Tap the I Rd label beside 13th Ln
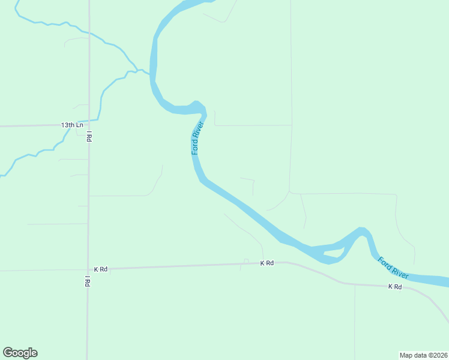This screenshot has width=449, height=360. tap(89, 136)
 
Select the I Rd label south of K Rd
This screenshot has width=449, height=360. tap(88, 281)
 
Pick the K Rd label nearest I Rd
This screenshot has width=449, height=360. tap(100, 269)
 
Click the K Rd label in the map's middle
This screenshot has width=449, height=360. tap(267, 263)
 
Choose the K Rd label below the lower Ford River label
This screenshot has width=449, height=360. tap(394, 287)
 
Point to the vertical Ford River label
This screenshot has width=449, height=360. tap(198, 138)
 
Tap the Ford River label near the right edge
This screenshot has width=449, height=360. tap(394, 268)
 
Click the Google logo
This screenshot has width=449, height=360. tap(20, 353)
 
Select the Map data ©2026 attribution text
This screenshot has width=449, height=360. tap(423, 355)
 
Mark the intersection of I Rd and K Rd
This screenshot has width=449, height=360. tap(88, 269)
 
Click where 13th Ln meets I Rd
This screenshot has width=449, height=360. tap(89, 125)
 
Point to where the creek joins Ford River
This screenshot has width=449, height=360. tap(149, 74)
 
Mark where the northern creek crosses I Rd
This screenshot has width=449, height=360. tap(89, 34)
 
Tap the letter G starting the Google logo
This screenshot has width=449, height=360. tap(8, 352)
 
